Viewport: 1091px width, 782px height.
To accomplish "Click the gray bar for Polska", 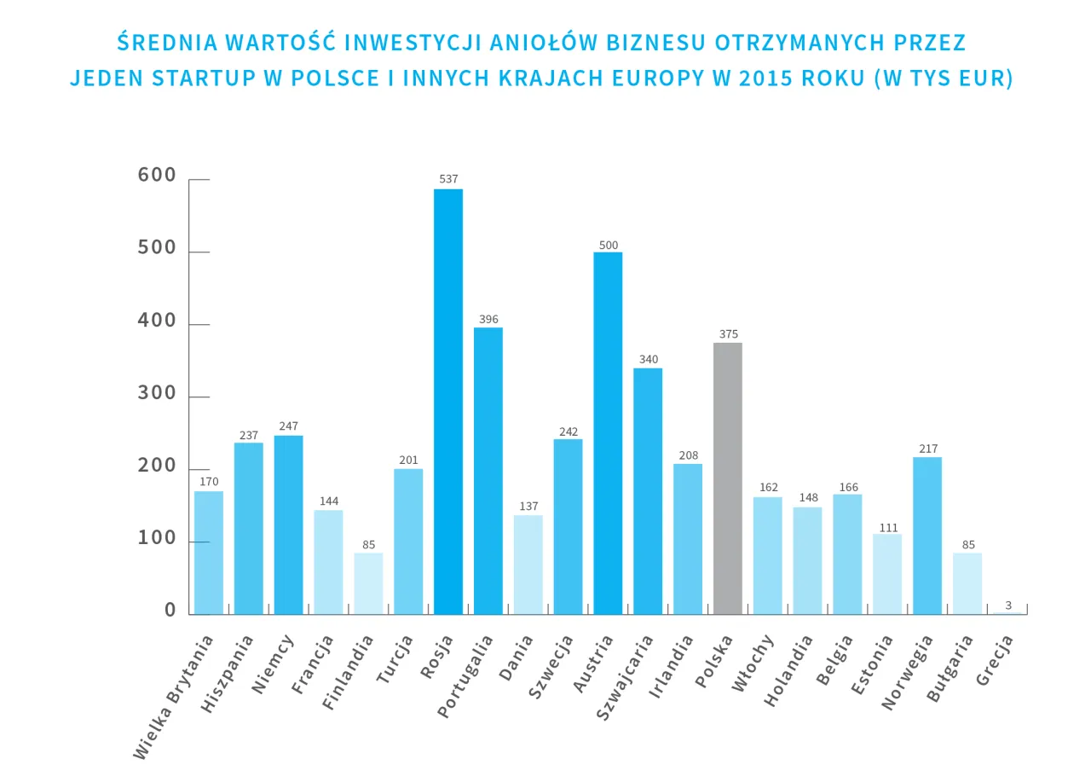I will pos(727,478).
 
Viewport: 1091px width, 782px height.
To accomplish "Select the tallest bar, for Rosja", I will pos(448,401).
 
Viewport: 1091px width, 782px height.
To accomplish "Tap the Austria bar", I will pos(608,432).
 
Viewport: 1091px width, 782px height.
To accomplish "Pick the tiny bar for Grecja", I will pos(1007,612).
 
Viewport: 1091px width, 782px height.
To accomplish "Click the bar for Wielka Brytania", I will pos(209,552).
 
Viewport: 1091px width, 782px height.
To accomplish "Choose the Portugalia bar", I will pos(488,471).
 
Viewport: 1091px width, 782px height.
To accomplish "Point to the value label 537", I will pos(448,179).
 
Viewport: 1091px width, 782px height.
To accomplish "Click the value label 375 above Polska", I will pos(728,334).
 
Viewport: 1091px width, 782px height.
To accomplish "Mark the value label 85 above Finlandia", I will pos(368,545).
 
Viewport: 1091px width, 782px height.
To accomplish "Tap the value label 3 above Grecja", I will pos(1007,605).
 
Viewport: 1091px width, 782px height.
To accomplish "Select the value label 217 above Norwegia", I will pos(927,449).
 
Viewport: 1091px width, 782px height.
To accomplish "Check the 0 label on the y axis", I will pos(170,611).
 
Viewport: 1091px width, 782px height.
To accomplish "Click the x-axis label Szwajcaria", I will pos(625,678).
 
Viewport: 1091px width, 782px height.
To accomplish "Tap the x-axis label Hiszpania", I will pos(228,673).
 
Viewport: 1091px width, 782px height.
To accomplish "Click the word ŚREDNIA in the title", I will pos(169,43).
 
